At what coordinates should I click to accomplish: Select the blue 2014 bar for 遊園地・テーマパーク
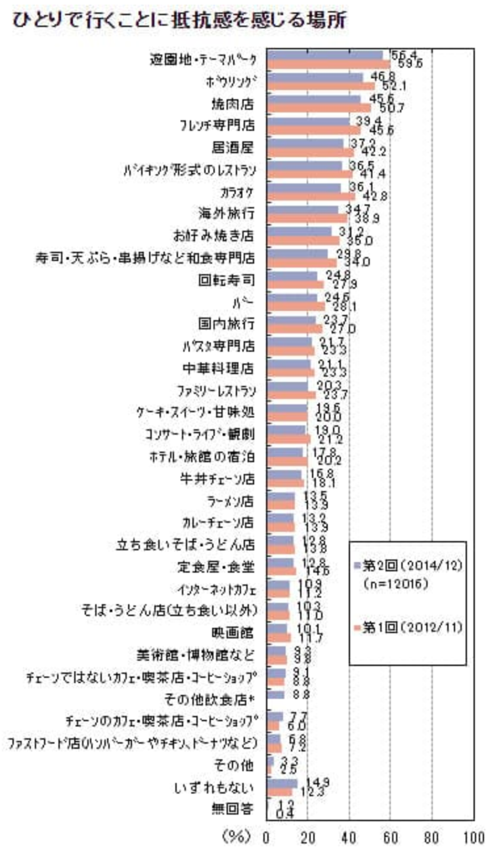tap(324, 55)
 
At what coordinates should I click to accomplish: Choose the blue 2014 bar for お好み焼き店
tap(299, 231)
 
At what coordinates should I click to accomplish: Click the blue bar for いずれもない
tap(282, 782)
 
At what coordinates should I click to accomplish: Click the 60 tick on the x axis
tap(390, 838)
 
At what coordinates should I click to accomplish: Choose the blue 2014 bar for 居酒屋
tap(305, 143)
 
